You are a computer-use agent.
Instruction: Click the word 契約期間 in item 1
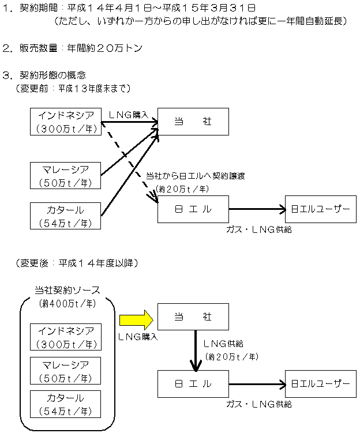(40, 7)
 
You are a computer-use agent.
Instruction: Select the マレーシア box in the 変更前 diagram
(65, 175)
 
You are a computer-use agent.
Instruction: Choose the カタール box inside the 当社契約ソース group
(65, 405)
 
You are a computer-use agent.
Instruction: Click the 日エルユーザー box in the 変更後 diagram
(320, 383)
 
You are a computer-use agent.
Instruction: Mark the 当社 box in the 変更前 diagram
(193, 121)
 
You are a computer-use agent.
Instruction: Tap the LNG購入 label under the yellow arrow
(138, 336)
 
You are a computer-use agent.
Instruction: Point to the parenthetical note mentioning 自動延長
(199, 21)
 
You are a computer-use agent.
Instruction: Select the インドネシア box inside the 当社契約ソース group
(65, 337)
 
